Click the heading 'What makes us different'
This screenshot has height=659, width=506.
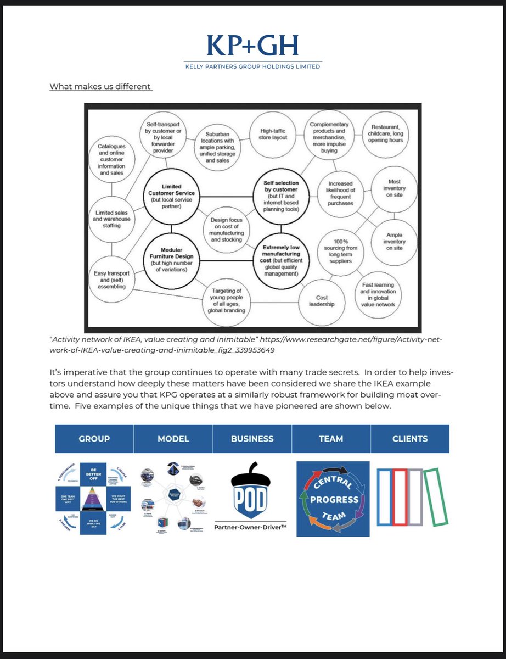coord(100,86)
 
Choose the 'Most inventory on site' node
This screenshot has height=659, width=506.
coord(394,188)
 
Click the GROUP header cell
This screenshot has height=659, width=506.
coord(94,439)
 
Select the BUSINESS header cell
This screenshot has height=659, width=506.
coord(252,439)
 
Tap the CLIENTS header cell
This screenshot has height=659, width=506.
coord(409,439)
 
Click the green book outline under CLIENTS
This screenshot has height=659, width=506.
coord(437,496)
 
